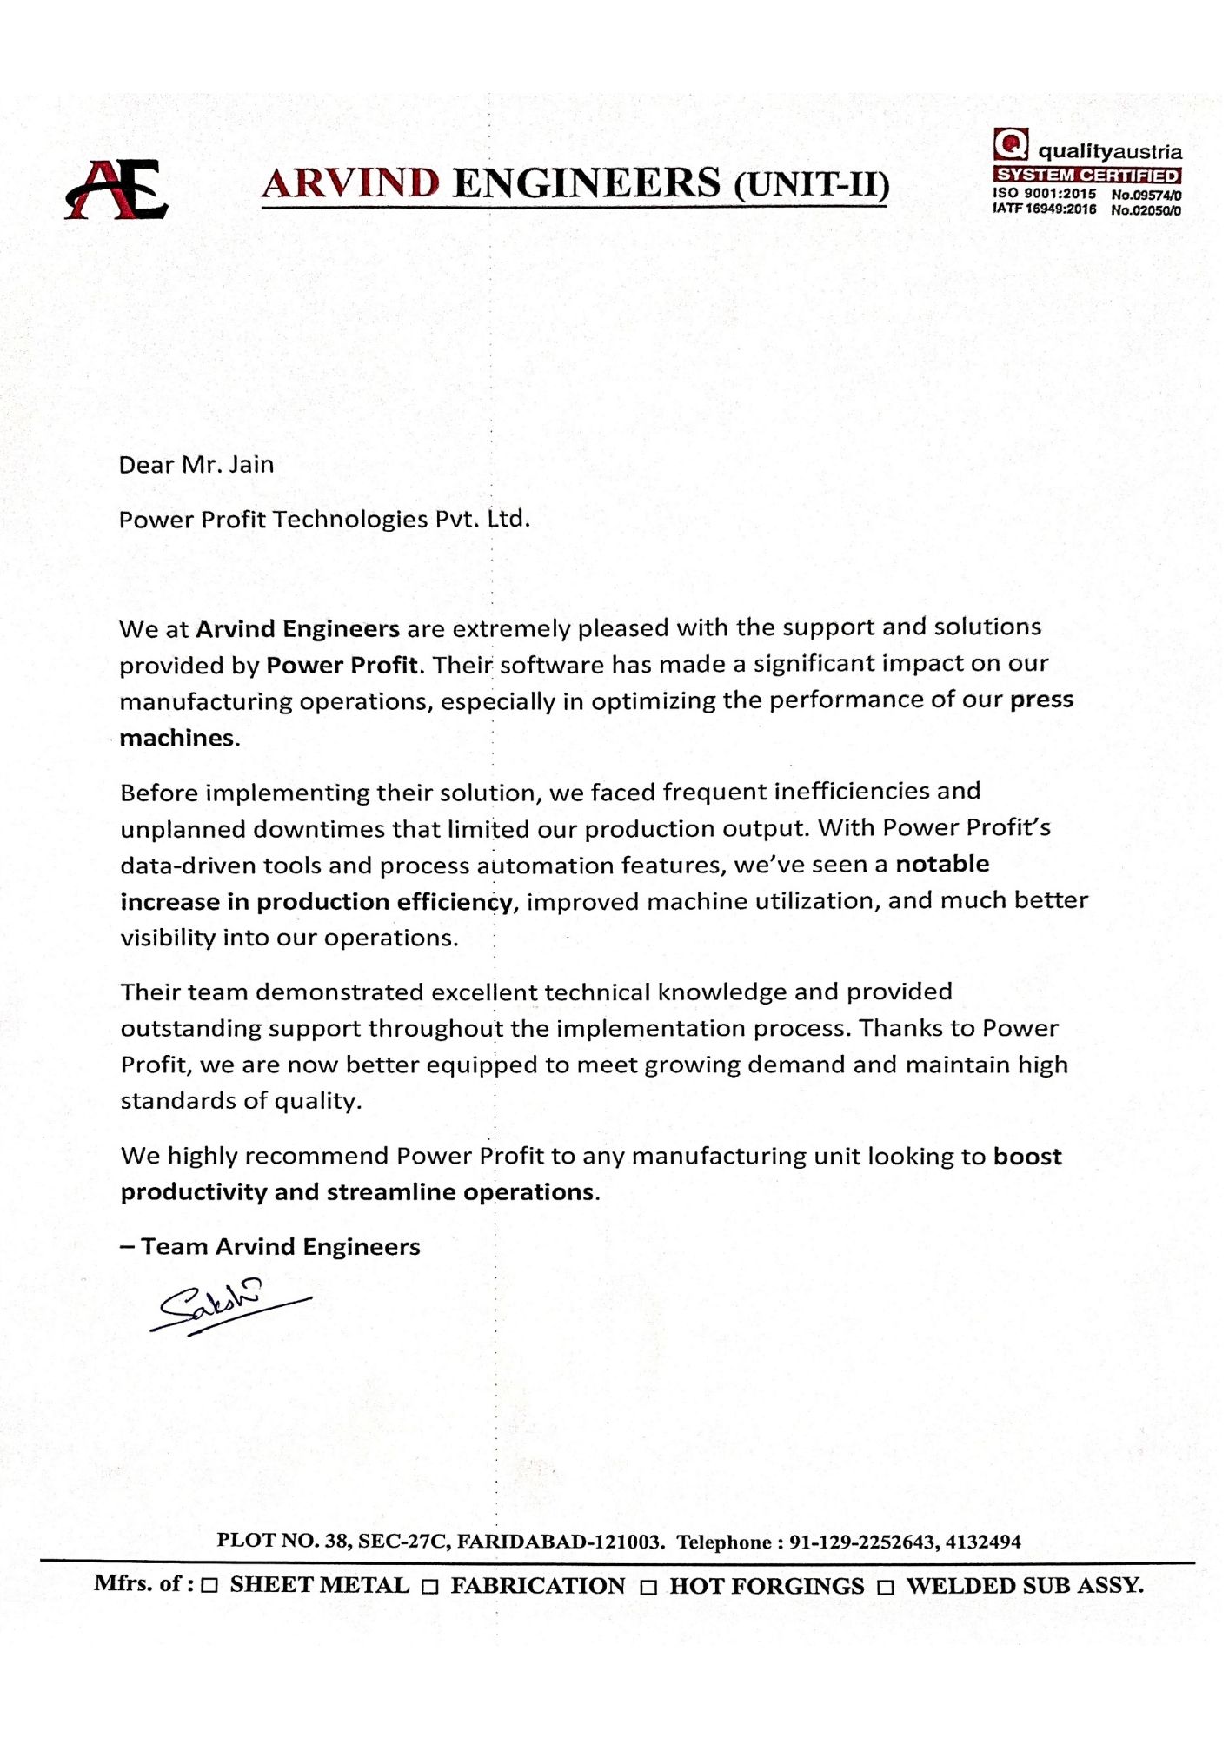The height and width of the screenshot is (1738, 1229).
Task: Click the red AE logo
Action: (x=116, y=189)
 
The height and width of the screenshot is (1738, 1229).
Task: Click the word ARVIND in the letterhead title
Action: (x=350, y=183)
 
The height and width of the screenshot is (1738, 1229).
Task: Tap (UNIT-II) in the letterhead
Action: (x=811, y=185)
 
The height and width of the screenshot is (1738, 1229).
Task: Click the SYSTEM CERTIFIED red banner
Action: (x=1087, y=176)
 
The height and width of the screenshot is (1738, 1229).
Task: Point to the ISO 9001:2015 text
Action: (x=1045, y=194)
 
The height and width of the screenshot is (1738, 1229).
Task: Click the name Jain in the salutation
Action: (x=251, y=465)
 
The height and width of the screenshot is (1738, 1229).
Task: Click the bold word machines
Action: (x=177, y=738)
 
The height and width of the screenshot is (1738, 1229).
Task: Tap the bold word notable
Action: (x=942, y=864)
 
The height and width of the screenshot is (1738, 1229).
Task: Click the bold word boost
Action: (x=1027, y=1157)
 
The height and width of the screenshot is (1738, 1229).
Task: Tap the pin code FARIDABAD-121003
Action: (x=560, y=1542)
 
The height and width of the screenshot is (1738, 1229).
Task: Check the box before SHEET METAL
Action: (x=209, y=1586)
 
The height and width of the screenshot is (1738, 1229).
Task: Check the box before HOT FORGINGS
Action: (x=648, y=1587)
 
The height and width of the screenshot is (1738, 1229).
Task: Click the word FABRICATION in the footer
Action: (x=538, y=1586)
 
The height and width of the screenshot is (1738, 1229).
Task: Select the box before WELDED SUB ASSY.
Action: (x=886, y=1587)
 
